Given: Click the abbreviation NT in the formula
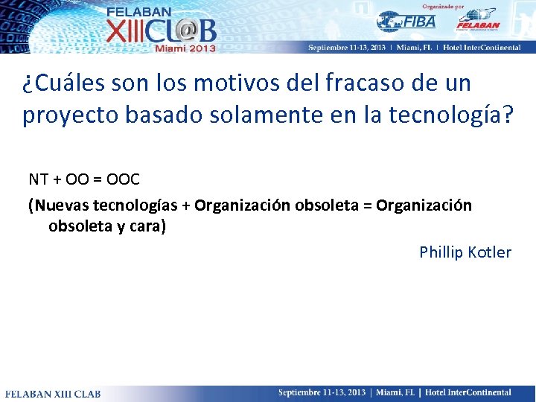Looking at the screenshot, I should (x=39, y=179).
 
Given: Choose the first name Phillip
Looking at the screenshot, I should (x=441, y=252).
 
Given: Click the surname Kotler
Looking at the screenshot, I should (x=490, y=252).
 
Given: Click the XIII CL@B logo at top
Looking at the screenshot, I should (x=161, y=31).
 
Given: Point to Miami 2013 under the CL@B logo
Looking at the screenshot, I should (x=185, y=48).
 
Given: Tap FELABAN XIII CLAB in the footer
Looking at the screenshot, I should (x=53, y=393).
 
